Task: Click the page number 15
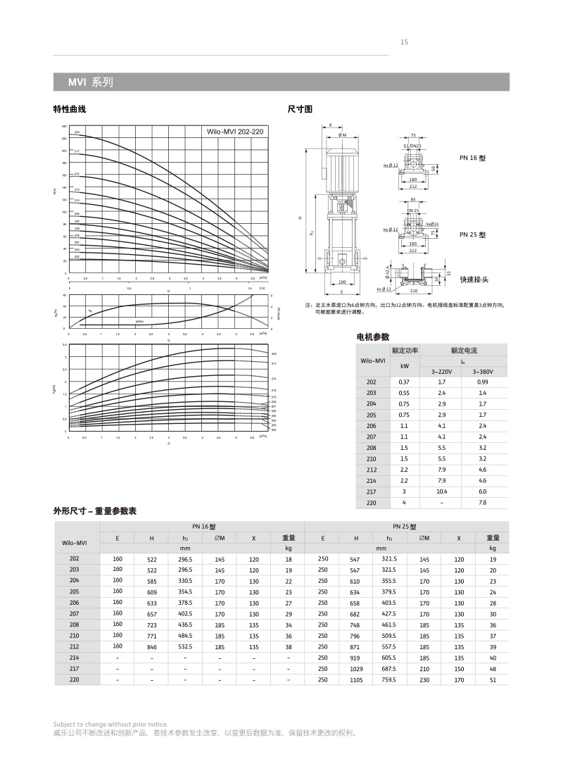(404, 42)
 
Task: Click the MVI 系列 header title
(90, 82)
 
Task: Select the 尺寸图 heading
(301, 109)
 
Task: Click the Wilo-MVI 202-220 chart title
(234, 132)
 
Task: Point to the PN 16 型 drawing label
(472, 158)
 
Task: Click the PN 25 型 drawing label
(472, 234)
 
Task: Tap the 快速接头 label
(474, 280)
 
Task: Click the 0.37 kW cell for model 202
(404, 382)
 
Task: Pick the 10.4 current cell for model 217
(442, 491)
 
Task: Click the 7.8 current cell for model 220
(482, 503)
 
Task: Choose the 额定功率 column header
(405, 350)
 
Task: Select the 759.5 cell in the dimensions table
(389, 680)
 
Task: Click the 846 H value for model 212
(151, 646)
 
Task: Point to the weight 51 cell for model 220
(493, 680)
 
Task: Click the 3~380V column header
(482, 371)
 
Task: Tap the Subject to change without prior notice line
(110, 724)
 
